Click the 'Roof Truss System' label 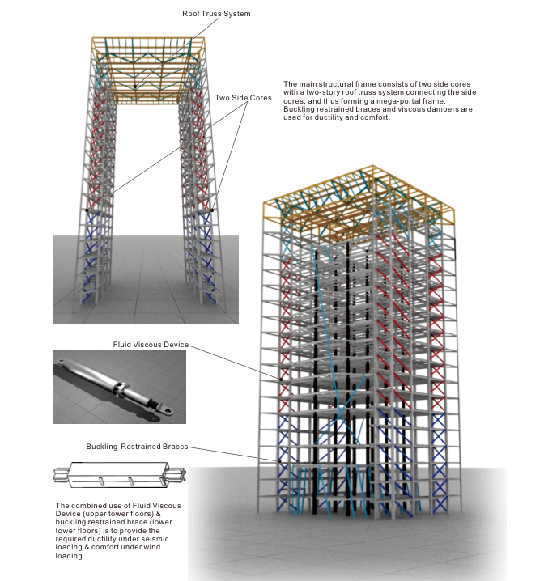pyautogui.click(x=216, y=14)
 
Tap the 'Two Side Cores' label pyautogui.click(x=243, y=98)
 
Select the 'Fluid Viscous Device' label pyautogui.click(x=151, y=345)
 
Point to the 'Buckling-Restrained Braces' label pyautogui.click(x=137, y=447)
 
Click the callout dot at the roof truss pyautogui.click(x=135, y=87)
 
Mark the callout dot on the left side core pyautogui.click(x=87, y=210)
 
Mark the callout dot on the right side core pyautogui.click(x=212, y=210)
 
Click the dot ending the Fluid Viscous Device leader pyautogui.click(x=281, y=380)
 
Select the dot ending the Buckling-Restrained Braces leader pyautogui.click(x=280, y=461)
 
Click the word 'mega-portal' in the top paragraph pyautogui.click(x=397, y=101)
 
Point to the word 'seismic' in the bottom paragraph pyautogui.click(x=156, y=539)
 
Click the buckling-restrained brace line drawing pyautogui.click(x=119, y=475)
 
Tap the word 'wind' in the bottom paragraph pyautogui.click(x=153, y=547)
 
